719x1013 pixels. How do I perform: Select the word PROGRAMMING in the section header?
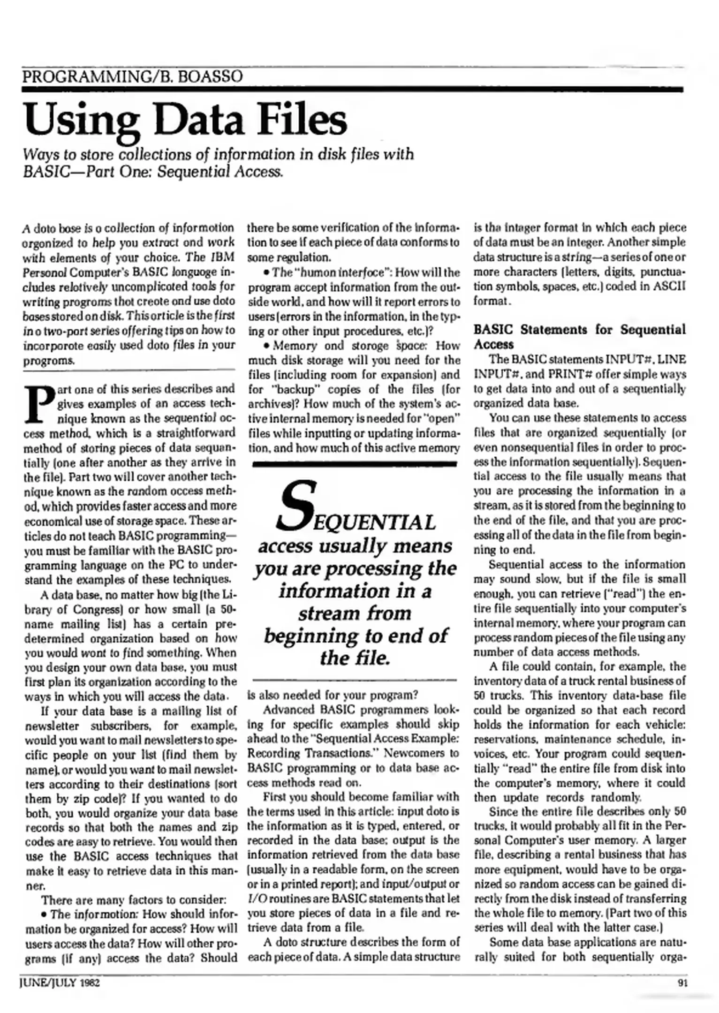[x=85, y=76]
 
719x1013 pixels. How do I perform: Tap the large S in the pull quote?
[x=292, y=505]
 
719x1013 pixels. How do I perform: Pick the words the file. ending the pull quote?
[x=355, y=658]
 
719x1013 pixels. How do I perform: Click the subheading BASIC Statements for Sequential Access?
[x=579, y=337]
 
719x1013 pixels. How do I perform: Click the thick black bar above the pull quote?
[x=354, y=464]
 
